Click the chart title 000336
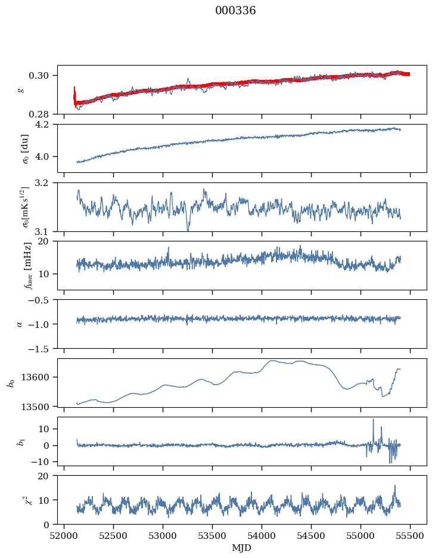(x=235, y=11)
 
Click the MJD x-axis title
(x=242, y=548)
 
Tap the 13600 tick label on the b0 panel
(x=37, y=377)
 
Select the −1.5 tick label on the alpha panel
(x=40, y=349)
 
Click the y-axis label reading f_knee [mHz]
(x=29, y=265)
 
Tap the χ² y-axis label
(x=29, y=500)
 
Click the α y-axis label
(x=20, y=324)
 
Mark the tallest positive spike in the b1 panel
(x=374, y=420)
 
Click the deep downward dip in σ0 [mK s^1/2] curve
(x=188, y=230)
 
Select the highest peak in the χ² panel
(x=394, y=486)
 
